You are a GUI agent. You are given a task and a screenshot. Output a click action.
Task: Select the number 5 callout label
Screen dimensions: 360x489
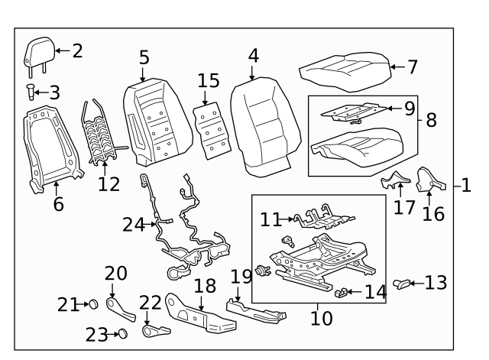coord(144,57)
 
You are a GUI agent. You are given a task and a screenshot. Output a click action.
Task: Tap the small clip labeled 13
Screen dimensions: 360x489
coord(401,284)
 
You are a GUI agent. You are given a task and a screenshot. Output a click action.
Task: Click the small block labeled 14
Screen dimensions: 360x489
coord(345,291)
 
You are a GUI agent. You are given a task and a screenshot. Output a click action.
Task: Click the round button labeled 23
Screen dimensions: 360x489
coord(120,333)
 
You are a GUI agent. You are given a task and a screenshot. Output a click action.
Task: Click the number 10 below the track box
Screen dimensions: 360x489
coord(322,317)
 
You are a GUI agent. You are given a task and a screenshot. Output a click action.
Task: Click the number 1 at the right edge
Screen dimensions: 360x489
coord(466,185)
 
